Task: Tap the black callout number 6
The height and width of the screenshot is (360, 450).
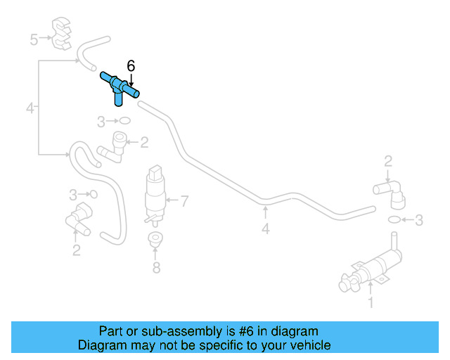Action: tap(131, 66)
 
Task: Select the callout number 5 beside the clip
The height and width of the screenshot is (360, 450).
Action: tap(34, 39)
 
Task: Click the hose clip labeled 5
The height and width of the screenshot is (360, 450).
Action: tap(61, 34)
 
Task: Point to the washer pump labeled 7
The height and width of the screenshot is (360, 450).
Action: tap(155, 195)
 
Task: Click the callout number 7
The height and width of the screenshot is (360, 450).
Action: tap(184, 201)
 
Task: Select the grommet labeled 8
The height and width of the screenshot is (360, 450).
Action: tap(155, 239)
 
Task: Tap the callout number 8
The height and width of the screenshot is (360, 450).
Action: tap(156, 268)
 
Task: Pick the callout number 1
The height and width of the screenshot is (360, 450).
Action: tap(371, 302)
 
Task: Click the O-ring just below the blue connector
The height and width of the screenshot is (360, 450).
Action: tap(124, 121)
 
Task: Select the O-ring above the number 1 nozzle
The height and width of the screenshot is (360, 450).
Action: tap(394, 219)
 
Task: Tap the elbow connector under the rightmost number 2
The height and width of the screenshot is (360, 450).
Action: tap(391, 194)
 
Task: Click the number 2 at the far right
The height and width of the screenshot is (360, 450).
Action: tap(388, 161)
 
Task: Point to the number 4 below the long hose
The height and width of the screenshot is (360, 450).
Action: tap(266, 229)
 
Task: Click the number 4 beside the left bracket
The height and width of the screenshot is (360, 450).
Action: tap(30, 108)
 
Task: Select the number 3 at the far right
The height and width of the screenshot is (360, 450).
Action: tap(419, 220)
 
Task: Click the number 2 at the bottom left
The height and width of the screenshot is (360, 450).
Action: tap(77, 250)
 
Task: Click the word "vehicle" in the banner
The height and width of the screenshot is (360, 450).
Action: tap(312, 345)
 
